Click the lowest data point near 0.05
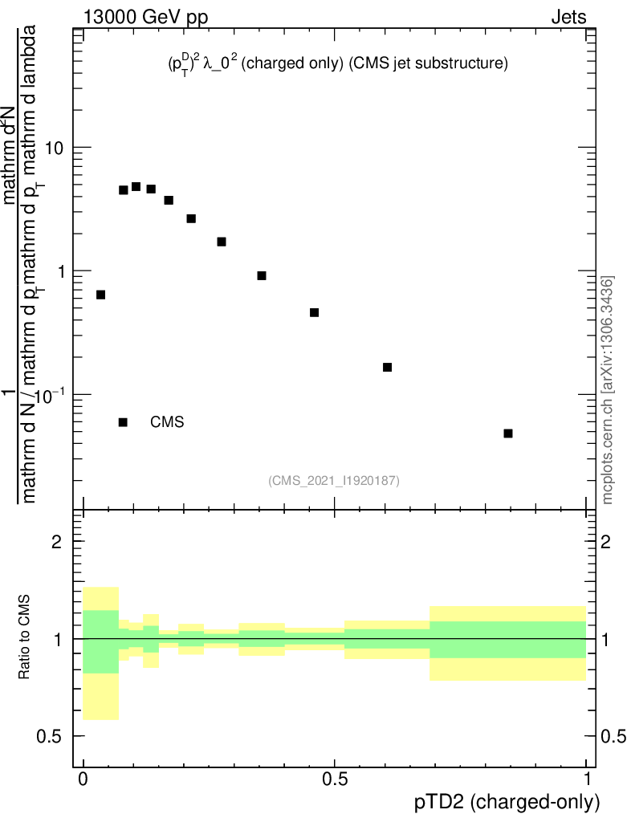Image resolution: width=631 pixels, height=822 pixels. [508, 433]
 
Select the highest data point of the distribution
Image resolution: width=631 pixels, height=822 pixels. [136, 187]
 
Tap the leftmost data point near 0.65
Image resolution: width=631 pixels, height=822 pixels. [100, 295]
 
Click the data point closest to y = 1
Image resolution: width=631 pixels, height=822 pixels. [262, 276]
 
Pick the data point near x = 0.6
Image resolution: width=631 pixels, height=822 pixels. [387, 367]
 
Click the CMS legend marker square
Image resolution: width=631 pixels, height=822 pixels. [123, 422]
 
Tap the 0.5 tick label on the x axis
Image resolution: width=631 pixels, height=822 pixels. [335, 779]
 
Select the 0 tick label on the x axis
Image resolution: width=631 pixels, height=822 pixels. [83, 779]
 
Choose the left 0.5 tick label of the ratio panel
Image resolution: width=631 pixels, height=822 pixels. [54, 736]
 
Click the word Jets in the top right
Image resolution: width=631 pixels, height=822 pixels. [568, 17]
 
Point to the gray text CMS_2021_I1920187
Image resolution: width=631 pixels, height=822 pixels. [334, 480]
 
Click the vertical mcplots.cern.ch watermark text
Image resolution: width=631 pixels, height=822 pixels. [608, 389]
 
